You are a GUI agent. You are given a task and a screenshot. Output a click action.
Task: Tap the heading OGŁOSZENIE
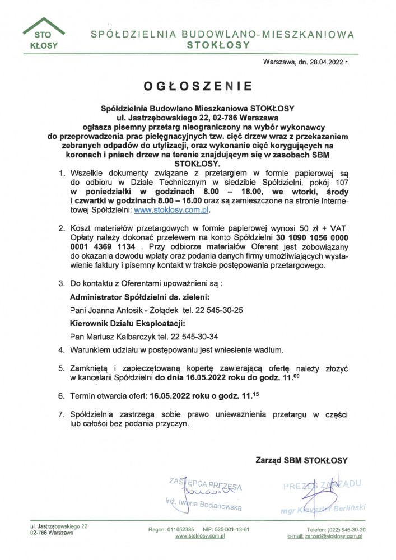click(x=197, y=86)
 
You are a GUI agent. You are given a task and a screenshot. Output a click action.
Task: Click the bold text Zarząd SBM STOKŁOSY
click(x=301, y=460)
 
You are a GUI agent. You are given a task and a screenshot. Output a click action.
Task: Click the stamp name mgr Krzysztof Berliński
click(x=323, y=508)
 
